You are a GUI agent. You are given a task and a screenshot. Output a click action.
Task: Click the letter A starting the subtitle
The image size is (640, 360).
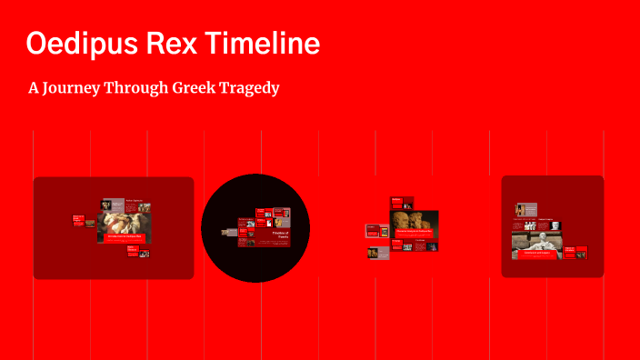pos(35,88)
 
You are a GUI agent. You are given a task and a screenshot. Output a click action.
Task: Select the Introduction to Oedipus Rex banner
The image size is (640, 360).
pos(125,238)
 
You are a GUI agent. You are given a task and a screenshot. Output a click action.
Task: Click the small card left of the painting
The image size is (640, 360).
pos(78,219)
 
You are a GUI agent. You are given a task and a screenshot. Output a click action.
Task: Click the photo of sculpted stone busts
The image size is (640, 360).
pos(415,218)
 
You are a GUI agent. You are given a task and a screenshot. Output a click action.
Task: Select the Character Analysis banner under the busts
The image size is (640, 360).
pos(415,232)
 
